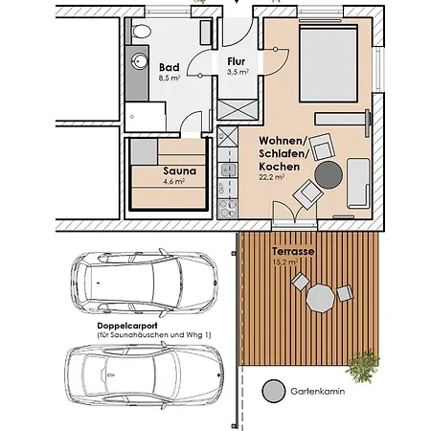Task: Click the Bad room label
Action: click(x=170, y=67)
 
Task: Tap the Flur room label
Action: click(x=237, y=61)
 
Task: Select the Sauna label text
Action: click(x=180, y=170)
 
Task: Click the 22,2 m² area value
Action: click(x=272, y=177)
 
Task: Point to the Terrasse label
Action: click(x=293, y=251)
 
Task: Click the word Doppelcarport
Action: click(x=127, y=326)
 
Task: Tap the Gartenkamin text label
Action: click(x=318, y=391)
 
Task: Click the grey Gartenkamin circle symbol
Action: click(x=274, y=391)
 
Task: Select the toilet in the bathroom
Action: click(x=141, y=32)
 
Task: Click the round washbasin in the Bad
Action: click(x=140, y=60)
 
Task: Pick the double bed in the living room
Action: click(x=329, y=63)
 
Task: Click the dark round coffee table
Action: click(x=329, y=175)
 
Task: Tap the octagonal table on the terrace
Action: click(x=320, y=299)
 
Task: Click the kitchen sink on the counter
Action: click(x=227, y=170)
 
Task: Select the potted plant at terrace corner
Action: click(x=363, y=366)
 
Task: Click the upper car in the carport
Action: click(x=145, y=283)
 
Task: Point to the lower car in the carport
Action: click(x=145, y=375)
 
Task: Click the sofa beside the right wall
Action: click(x=358, y=184)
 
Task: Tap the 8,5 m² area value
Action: click(x=170, y=78)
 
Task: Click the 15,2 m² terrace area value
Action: click(x=285, y=262)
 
